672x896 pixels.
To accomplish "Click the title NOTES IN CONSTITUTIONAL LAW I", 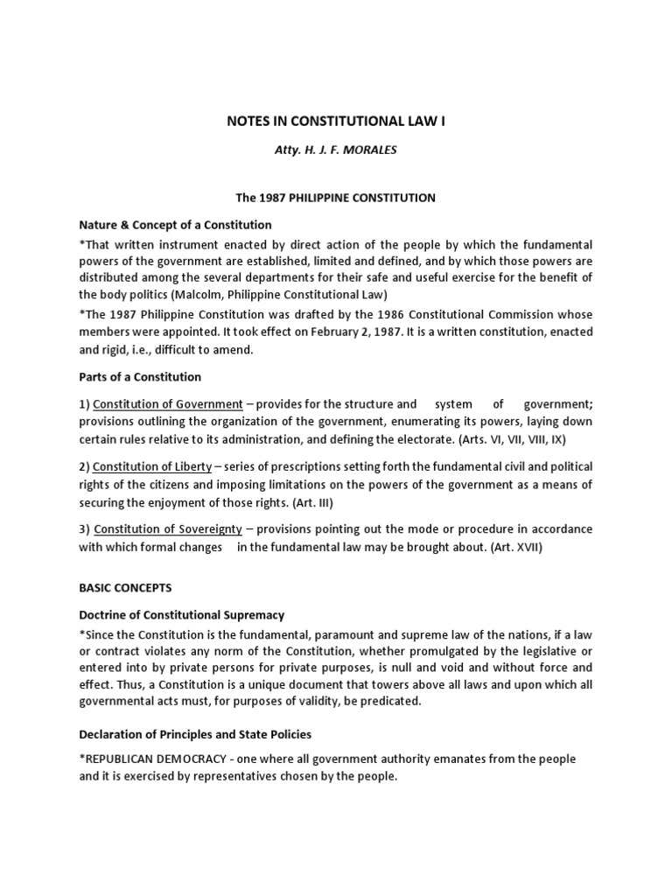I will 336,122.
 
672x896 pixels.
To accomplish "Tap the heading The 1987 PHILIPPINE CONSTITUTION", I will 336,198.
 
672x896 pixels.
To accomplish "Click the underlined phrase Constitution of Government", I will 168,404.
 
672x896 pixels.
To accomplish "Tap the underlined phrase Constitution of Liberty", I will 152,467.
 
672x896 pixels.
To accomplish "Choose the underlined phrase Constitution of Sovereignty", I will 161,529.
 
